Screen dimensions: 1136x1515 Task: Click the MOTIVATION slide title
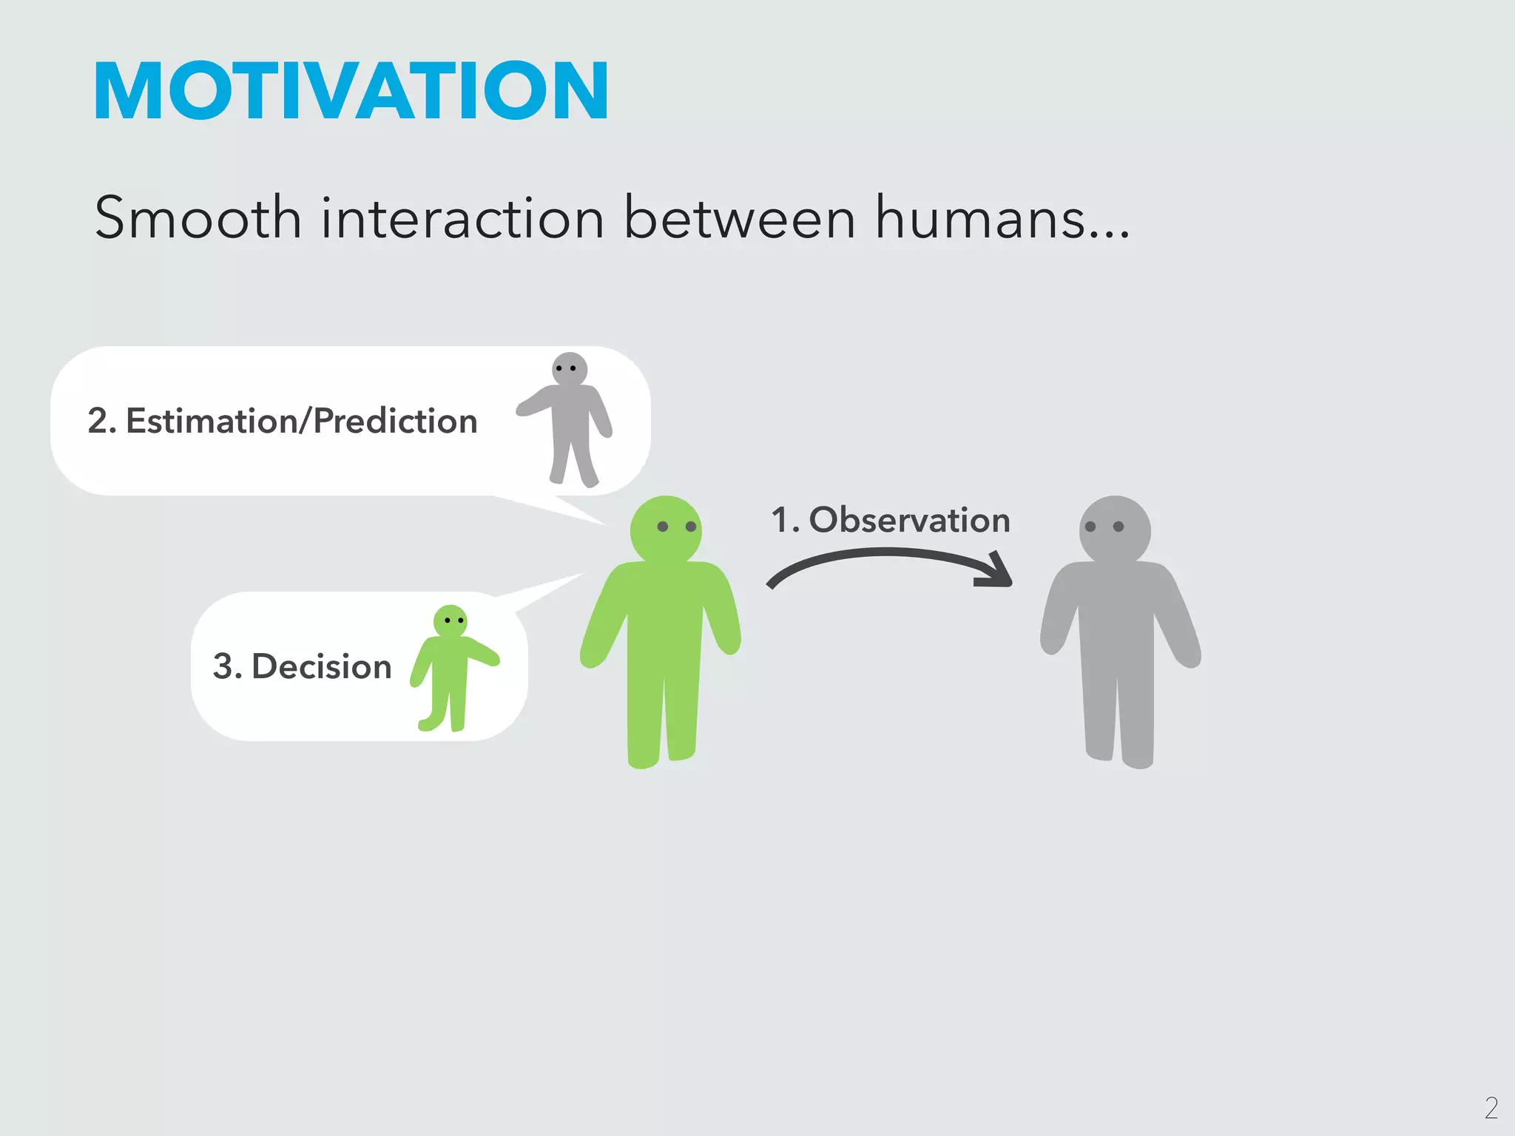pos(351,91)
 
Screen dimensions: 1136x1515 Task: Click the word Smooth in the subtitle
pos(198,218)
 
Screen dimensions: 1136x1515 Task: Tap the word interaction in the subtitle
pos(462,218)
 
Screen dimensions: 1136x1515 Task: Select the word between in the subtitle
pos(739,218)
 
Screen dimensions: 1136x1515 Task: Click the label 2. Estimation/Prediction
pos(282,421)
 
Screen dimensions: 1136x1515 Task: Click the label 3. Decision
pos(302,666)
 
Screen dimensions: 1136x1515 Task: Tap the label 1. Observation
pos(890,520)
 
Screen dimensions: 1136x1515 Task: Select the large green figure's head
pos(666,530)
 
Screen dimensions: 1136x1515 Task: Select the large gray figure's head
pos(1115,530)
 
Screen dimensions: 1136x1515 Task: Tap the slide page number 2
pos(1491,1107)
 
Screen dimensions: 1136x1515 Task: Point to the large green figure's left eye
pos(663,527)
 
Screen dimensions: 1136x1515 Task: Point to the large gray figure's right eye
pos(1118,527)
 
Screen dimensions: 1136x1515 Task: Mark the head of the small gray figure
pos(570,369)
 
